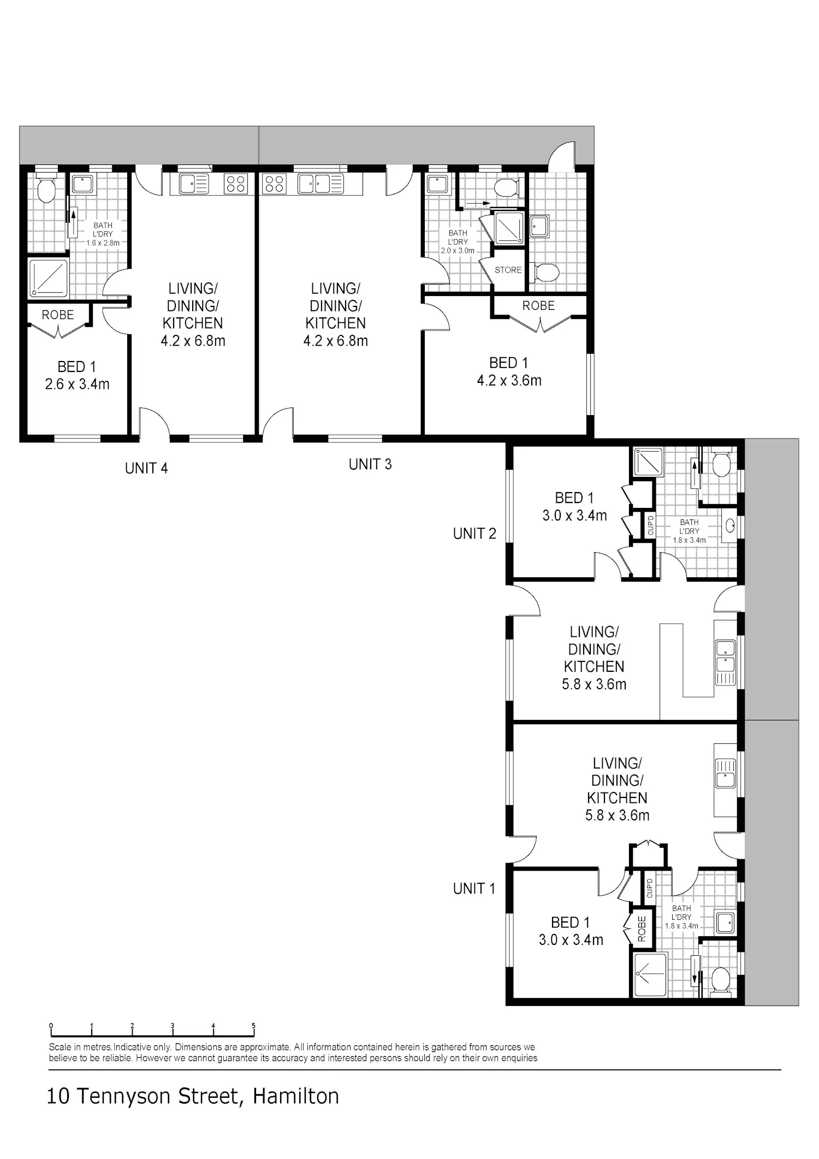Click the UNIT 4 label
[146, 468]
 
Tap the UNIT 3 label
[370, 464]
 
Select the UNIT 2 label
[474, 534]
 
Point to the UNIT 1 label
[474, 889]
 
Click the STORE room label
[508, 270]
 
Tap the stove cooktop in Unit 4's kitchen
[236, 184]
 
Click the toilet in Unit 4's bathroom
[46, 189]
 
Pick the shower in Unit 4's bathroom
[49, 279]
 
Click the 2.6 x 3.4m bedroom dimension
[77, 384]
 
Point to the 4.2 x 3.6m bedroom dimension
[509, 381]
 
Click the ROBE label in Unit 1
[642, 929]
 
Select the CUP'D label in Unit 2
[650, 525]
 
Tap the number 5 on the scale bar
[254, 1026]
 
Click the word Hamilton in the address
[295, 1096]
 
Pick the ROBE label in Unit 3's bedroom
[538, 306]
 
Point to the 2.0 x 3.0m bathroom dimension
[458, 251]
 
